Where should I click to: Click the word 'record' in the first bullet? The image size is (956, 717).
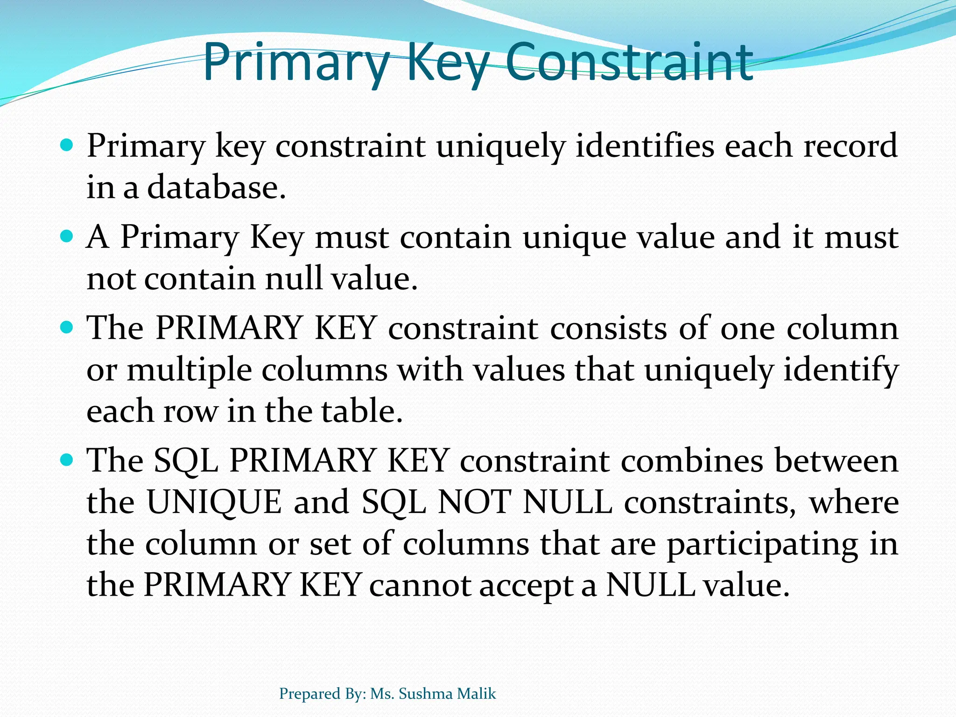[x=851, y=145]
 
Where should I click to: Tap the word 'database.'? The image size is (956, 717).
[x=216, y=187]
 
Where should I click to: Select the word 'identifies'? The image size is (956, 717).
[x=645, y=145]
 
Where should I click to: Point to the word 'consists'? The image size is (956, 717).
[x=608, y=328]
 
